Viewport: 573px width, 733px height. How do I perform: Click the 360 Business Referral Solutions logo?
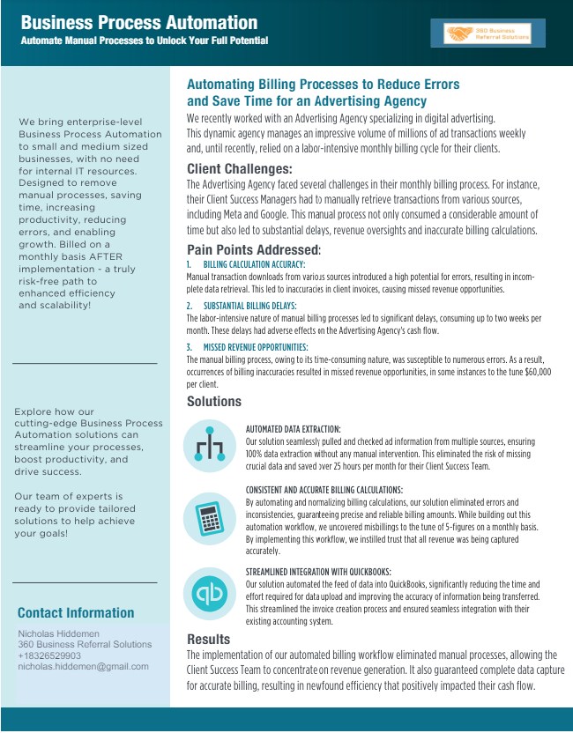[x=487, y=33]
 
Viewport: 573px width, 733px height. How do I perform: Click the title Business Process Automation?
[x=139, y=23]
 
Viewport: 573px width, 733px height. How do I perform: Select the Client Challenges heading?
[x=240, y=169]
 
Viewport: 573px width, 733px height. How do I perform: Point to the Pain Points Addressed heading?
[x=254, y=250]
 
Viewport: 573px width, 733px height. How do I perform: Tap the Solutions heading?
[x=214, y=402]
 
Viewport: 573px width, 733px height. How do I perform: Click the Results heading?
[x=209, y=639]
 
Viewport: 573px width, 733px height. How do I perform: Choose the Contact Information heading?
[x=76, y=613]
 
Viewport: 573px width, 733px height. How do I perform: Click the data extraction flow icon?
[x=209, y=447]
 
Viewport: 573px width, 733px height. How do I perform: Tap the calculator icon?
[x=209, y=518]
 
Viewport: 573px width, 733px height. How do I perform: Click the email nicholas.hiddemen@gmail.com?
[x=83, y=667]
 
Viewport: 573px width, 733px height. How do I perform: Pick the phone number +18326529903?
[x=49, y=655]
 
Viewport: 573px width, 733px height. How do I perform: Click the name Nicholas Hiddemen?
[x=59, y=633]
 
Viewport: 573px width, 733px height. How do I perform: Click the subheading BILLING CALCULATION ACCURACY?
[x=254, y=264]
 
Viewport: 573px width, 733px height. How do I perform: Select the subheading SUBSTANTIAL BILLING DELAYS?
[x=249, y=306]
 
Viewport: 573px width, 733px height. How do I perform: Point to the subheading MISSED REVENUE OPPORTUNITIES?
[x=256, y=347]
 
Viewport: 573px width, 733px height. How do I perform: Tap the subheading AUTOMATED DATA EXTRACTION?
[x=293, y=430]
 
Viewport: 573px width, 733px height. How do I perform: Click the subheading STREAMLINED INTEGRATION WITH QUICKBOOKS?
[x=318, y=572]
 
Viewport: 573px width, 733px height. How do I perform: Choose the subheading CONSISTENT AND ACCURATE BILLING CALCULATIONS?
[x=324, y=490]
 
